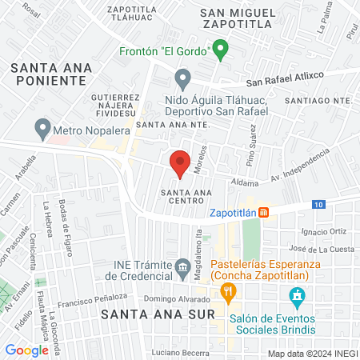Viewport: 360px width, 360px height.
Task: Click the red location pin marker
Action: point(180,163)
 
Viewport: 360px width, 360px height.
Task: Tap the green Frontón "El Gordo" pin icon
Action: point(222,50)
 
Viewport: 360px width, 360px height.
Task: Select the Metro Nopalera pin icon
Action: point(42,128)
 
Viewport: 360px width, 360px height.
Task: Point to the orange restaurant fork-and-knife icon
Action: point(228,293)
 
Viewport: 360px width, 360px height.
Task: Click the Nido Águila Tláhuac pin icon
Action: point(183,80)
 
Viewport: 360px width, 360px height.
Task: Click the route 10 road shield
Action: point(319,205)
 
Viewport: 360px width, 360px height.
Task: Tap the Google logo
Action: point(26,350)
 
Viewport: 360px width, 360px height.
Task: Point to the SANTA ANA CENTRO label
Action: point(186,197)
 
